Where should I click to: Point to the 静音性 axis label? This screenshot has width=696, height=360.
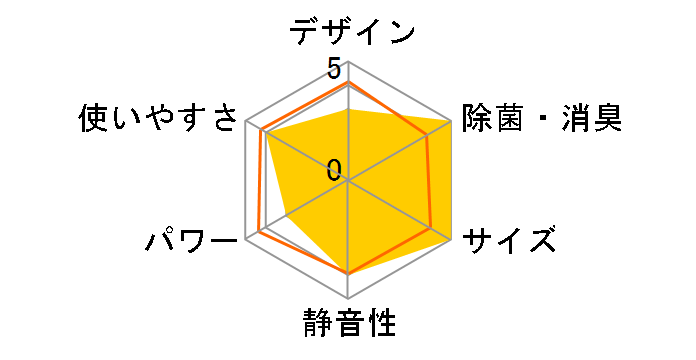348,325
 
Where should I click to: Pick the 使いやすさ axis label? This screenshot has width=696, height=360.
160,120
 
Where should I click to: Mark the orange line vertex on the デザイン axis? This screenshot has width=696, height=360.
348,85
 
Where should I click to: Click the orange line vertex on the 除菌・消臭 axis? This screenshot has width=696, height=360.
428,136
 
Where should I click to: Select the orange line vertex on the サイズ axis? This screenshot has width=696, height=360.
432,229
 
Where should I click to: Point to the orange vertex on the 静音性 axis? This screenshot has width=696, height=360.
348,272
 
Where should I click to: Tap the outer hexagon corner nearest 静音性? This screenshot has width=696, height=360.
348,299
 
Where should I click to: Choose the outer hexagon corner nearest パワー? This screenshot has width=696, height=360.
245,240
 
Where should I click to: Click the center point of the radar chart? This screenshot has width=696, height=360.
348,181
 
